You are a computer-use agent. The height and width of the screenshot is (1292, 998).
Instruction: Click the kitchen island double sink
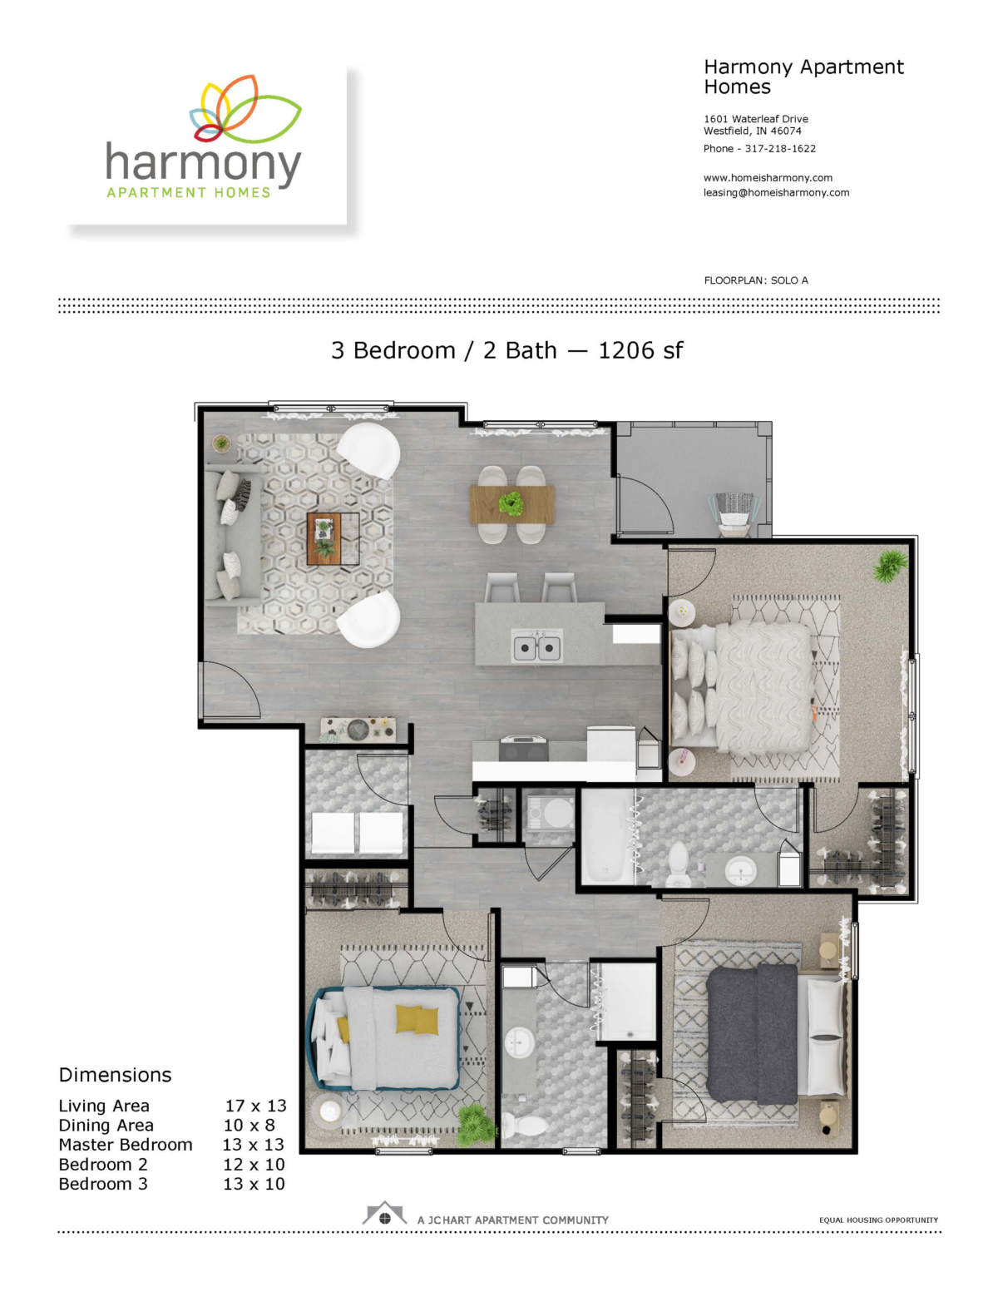point(536,646)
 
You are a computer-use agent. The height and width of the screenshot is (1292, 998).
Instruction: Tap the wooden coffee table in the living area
point(324,539)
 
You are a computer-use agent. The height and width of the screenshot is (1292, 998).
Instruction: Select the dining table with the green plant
point(511,504)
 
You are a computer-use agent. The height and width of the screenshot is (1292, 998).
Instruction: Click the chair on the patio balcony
point(734,515)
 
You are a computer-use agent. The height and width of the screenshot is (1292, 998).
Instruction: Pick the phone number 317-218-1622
point(780,149)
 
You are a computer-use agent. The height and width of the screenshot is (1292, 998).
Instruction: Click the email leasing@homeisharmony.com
point(776,193)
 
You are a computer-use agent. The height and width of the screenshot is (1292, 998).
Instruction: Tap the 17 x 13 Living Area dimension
point(255,1106)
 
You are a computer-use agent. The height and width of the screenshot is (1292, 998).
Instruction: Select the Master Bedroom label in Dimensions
point(126,1145)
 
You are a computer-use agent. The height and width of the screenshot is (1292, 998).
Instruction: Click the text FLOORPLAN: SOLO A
point(756,280)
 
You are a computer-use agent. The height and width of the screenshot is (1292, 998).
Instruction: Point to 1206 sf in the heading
point(640,350)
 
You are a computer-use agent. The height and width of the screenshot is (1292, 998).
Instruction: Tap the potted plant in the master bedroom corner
point(891,565)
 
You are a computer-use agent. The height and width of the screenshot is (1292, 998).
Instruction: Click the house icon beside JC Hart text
point(384,1214)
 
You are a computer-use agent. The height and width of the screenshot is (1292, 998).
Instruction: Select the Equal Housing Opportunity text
point(878,1220)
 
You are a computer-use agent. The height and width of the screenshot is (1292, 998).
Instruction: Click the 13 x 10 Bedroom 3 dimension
point(254,1184)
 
